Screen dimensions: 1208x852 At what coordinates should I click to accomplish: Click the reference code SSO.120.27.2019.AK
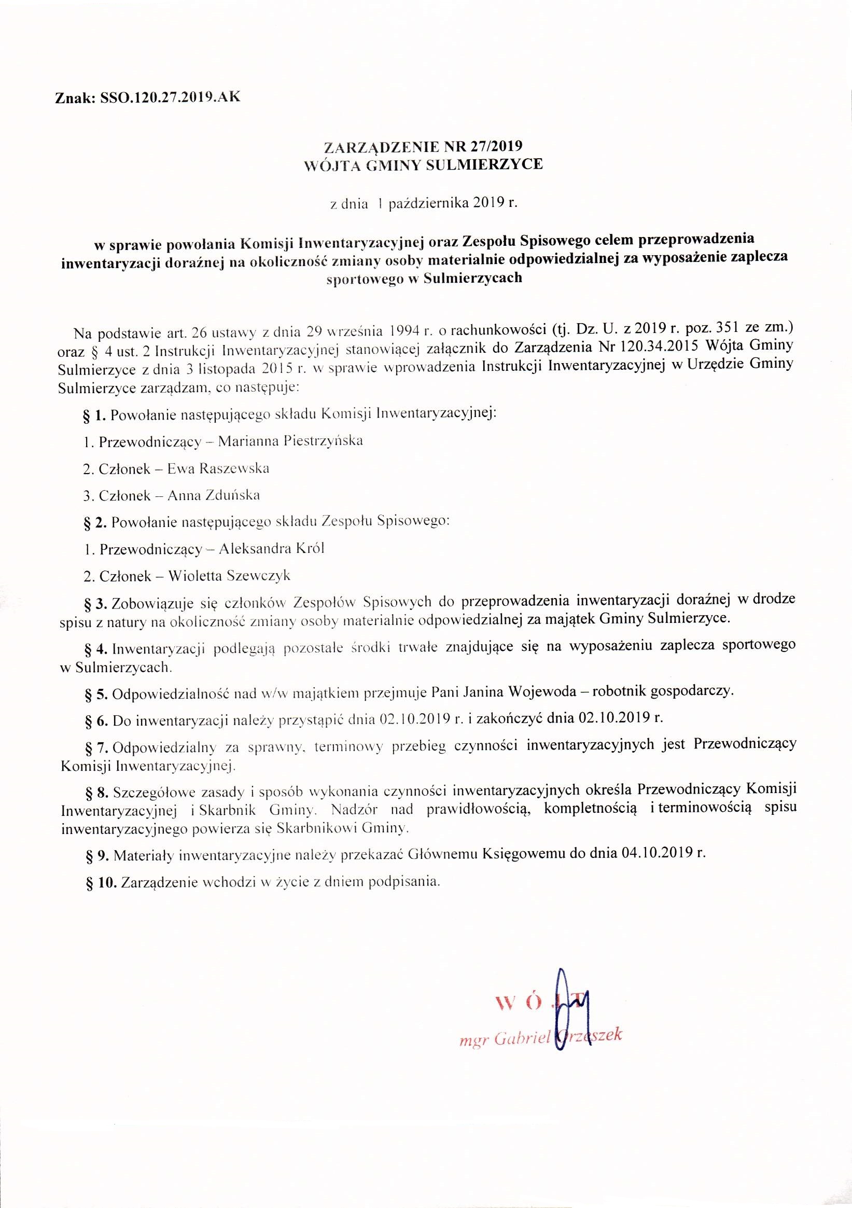[x=167, y=98]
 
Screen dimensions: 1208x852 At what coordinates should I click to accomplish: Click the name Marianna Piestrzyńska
[x=290, y=441]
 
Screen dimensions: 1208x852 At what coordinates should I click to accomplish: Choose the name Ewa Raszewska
[x=218, y=468]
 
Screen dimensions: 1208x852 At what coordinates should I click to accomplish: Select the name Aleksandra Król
[x=271, y=549]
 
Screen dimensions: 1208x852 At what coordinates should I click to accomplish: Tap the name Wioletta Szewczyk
[x=229, y=576]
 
